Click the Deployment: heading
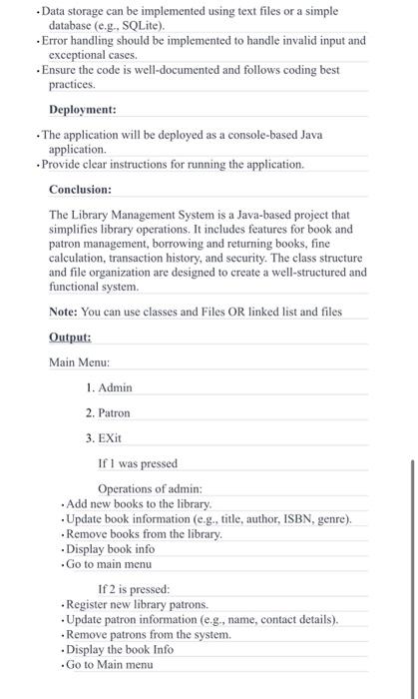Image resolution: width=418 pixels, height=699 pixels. pyautogui.click(x=83, y=109)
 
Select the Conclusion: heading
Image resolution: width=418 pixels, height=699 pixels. pyautogui.click(x=80, y=188)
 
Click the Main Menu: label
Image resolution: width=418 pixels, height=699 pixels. pyautogui.click(x=80, y=362)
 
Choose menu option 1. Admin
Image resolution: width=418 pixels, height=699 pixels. pyautogui.click(x=109, y=387)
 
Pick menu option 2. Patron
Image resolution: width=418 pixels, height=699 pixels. pyautogui.click(x=108, y=412)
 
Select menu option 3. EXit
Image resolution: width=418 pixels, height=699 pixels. pyautogui.click(x=106, y=437)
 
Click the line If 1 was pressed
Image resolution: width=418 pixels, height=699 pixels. pyautogui.click(x=138, y=463)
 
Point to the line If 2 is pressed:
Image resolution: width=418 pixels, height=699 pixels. pyautogui.click(x=134, y=589)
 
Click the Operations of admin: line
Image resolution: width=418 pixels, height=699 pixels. pyautogui.click(x=150, y=488)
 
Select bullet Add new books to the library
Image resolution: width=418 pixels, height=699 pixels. pyautogui.click(x=139, y=504)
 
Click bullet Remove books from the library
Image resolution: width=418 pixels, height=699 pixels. pyautogui.click(x=144, y=534)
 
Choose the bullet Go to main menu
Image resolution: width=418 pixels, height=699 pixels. pyautogui.click(x=109, y=564)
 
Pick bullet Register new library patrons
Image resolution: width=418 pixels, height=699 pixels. pyautogui.click(x=137, y=604)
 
